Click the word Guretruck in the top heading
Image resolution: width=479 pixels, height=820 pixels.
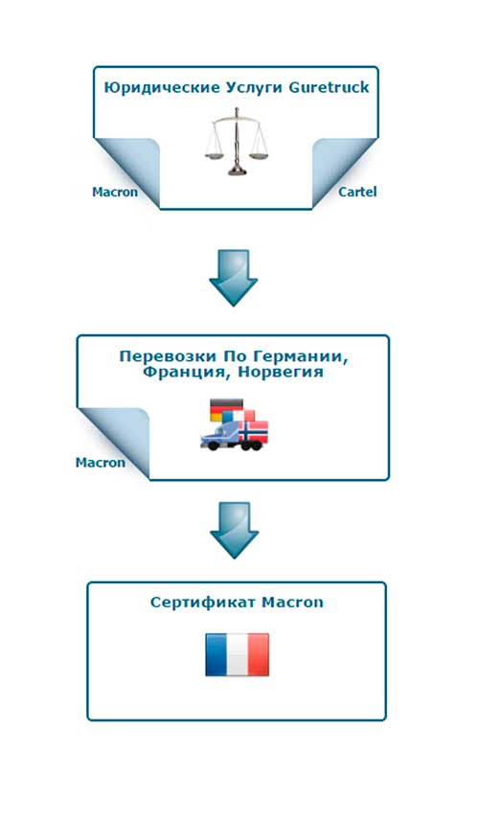tap(329, 87)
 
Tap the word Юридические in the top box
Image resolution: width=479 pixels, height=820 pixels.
tap(162, 88)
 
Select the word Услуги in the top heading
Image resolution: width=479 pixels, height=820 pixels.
tap(255, 88)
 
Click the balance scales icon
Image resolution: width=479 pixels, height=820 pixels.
tap(237, 141)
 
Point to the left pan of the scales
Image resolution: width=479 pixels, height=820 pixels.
tap(213, 154)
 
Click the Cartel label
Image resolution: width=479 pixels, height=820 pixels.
tap(357, 192)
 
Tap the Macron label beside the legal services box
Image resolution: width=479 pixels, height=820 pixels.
tap(115, 192)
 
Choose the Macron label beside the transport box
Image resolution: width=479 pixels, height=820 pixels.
tap(101, 463)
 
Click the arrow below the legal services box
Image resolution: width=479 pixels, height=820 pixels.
tap(233, 277)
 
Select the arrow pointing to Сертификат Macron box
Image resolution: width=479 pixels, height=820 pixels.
tap(235, 530)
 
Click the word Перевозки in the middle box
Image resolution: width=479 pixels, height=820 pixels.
tap(168, 356)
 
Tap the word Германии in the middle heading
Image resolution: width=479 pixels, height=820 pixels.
tap(301, 357)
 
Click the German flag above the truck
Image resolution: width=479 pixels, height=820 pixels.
tap(226, 409)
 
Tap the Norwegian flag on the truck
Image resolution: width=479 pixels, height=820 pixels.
tap(253, 430)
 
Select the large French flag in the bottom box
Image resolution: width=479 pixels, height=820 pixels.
tap(237, 654)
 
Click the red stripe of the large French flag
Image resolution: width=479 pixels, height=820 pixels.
tap(259, 654)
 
